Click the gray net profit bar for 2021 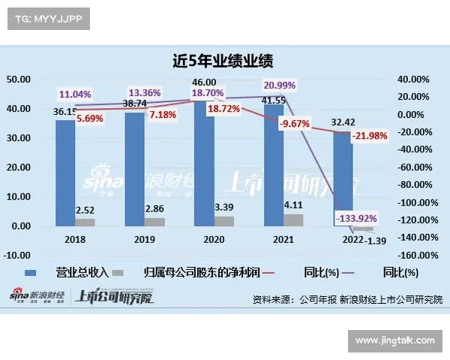[x=294, y=220]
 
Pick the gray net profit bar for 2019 [x=155, y=222]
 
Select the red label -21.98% [x=371, y=135]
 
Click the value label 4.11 [x=294, y=204]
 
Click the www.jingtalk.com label [x=394, y=340]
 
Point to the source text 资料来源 [x=273, y=298]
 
